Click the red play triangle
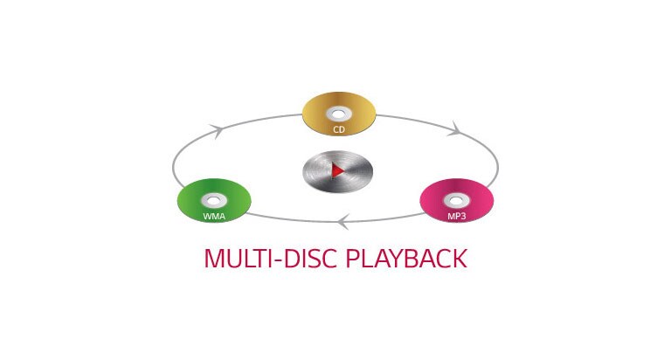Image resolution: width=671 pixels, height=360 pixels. (337, 170)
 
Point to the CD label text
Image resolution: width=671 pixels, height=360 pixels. (339, 130)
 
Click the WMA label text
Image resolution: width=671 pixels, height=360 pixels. (214, 215)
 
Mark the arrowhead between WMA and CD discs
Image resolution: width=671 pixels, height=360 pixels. (218, 129)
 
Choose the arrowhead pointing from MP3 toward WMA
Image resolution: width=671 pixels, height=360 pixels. (344, 223)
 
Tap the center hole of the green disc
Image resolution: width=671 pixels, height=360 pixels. (214, 199)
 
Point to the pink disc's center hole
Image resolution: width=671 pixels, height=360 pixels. (457, 199)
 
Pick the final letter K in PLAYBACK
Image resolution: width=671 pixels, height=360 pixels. (460, 260)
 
